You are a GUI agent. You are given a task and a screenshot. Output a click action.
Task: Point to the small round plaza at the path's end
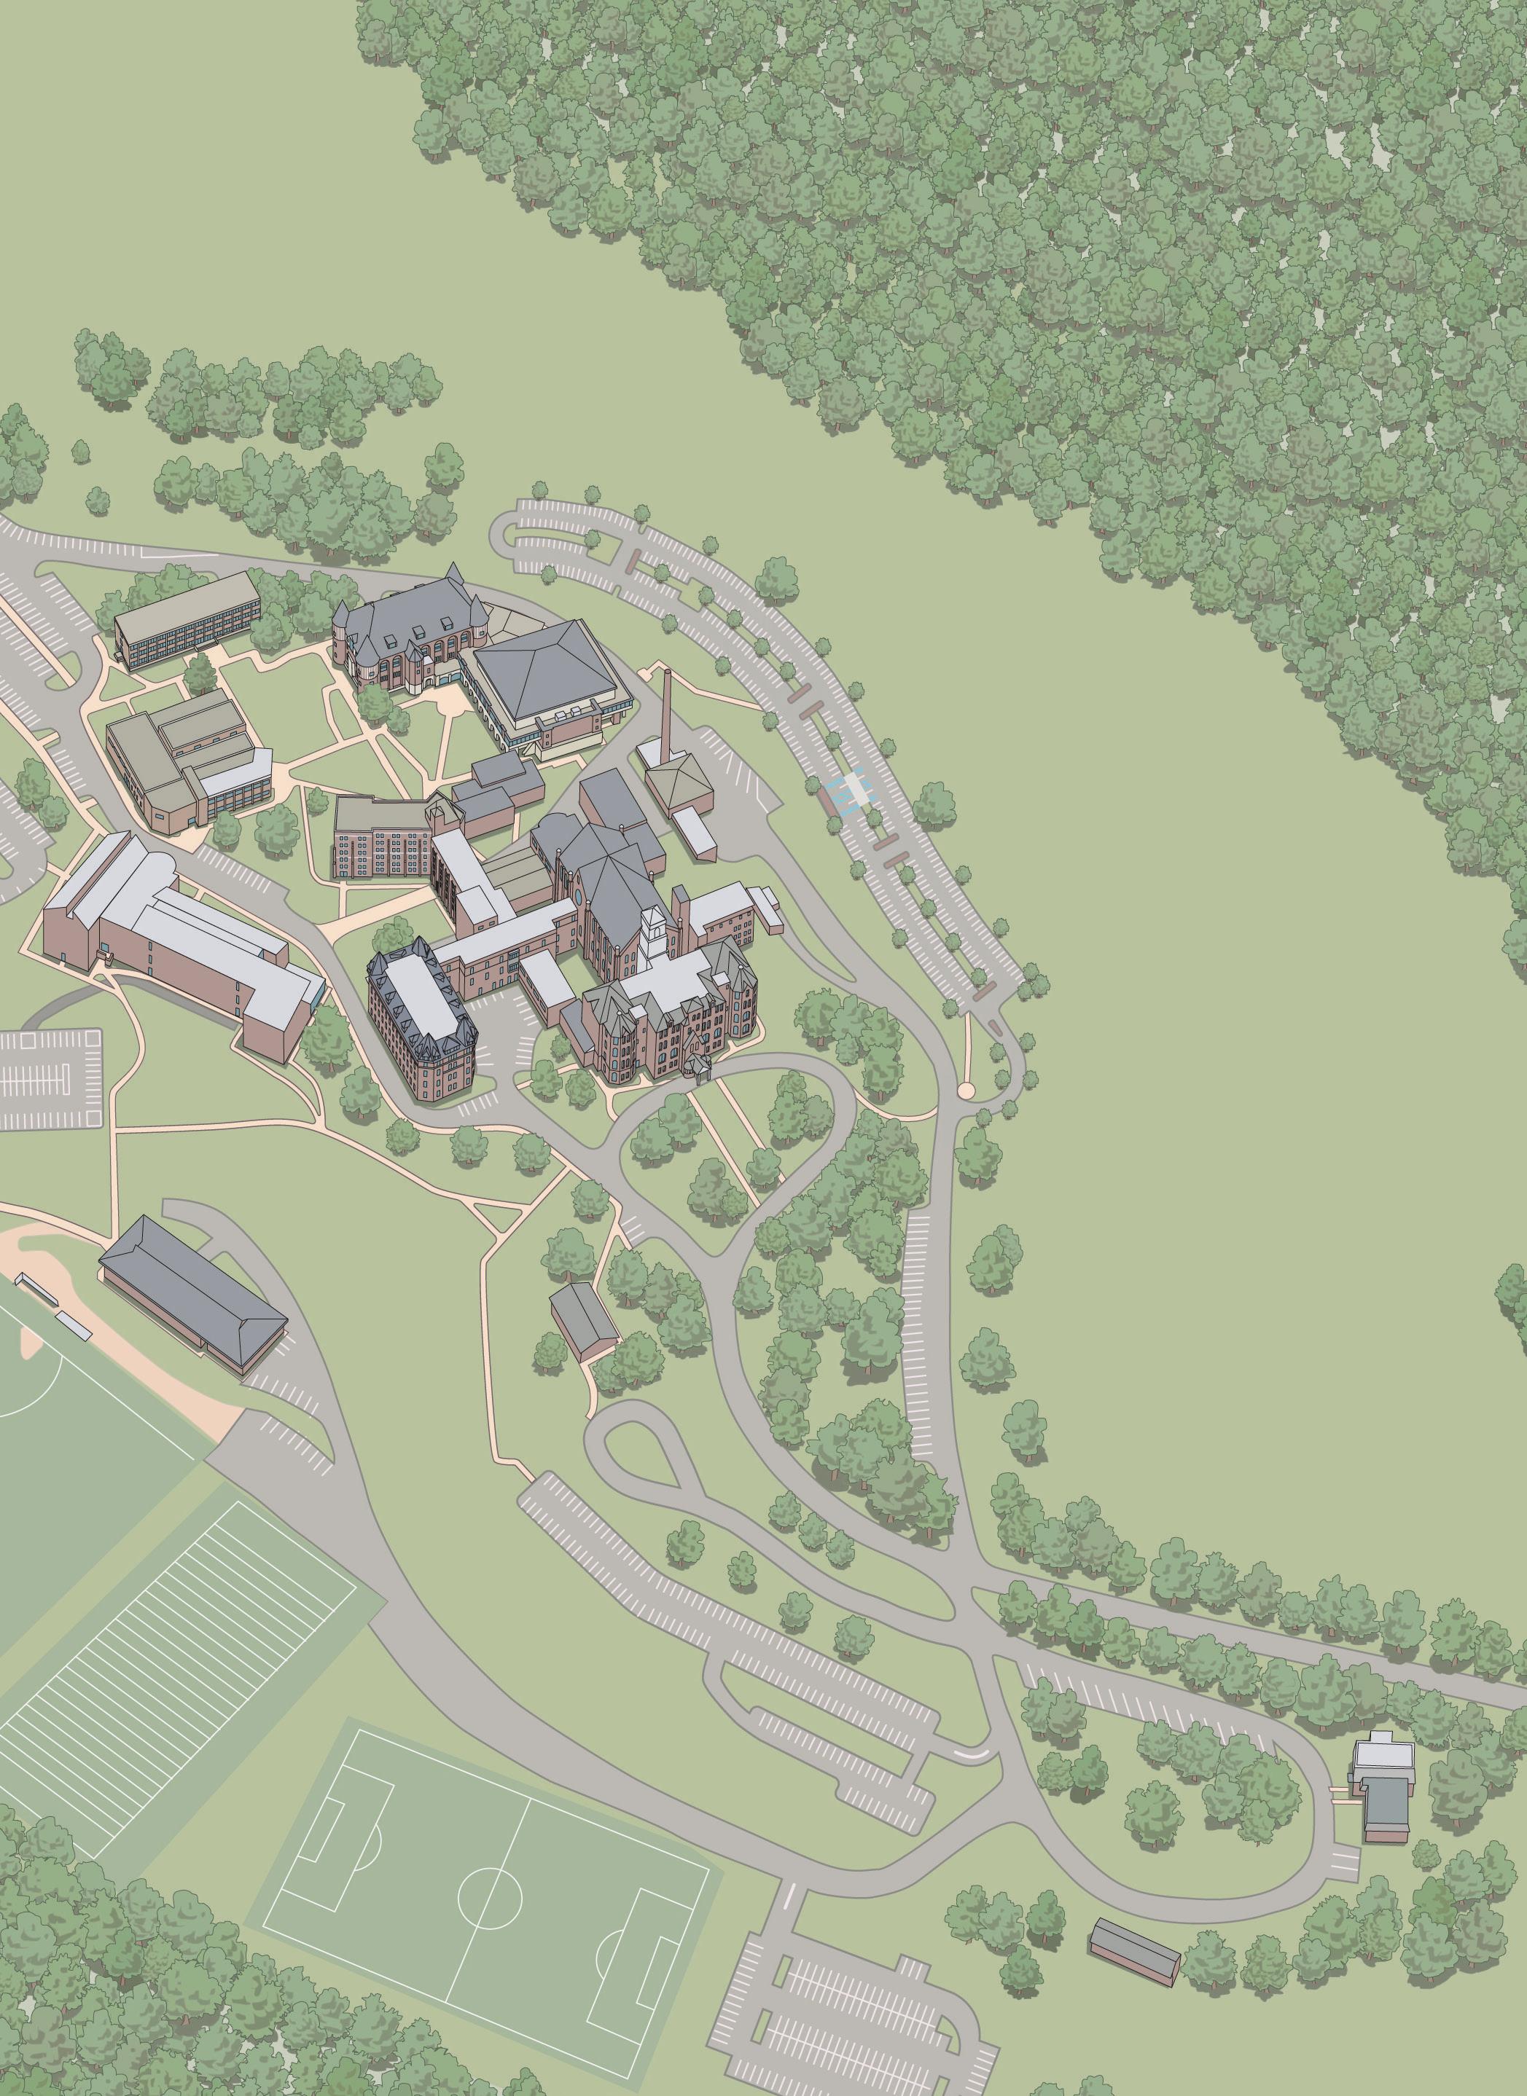pos(966,1091)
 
